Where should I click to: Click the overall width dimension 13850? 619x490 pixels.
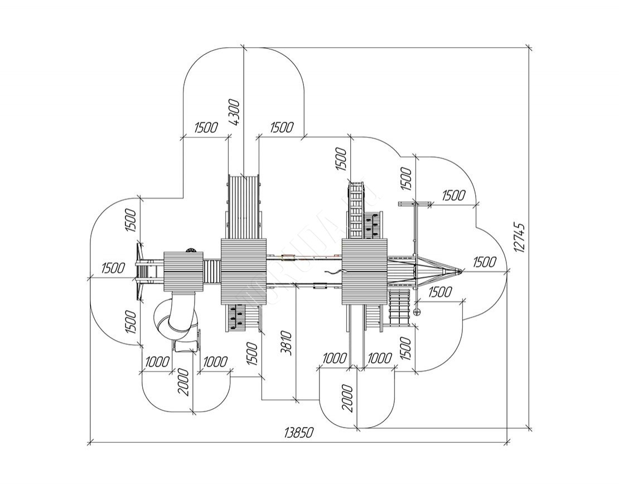click(x=299, y=433)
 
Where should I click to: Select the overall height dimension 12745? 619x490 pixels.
click(x=520, y=238)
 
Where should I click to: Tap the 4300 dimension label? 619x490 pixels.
click(x=234, y=113)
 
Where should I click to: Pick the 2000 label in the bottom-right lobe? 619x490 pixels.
click(x=348, y=398)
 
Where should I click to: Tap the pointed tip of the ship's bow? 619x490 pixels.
click(x=461, y=271)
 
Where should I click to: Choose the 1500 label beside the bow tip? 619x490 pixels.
click(x=484, y=262)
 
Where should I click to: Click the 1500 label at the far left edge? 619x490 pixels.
click(x=113, y=268)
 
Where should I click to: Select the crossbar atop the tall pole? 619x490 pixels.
click(x=414, y=203)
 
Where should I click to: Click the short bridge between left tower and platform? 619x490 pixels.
click(x=212, y=272)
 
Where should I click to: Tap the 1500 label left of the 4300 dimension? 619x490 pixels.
click(x=206, y=127)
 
